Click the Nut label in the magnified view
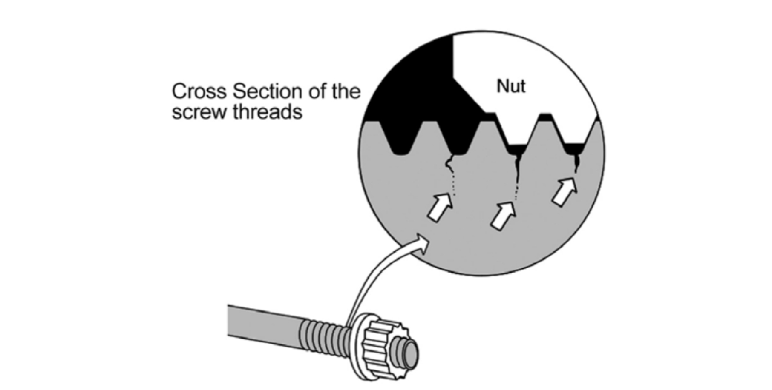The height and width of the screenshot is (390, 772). click(x=510, y=86)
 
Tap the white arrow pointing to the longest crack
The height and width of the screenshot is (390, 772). click(x=503, y=215)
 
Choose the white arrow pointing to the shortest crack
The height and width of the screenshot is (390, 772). click(x=565, y=192)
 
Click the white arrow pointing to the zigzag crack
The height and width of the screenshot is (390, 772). click(x=440, y=207)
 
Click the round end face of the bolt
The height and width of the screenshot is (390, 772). click(x=410, y=353)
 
